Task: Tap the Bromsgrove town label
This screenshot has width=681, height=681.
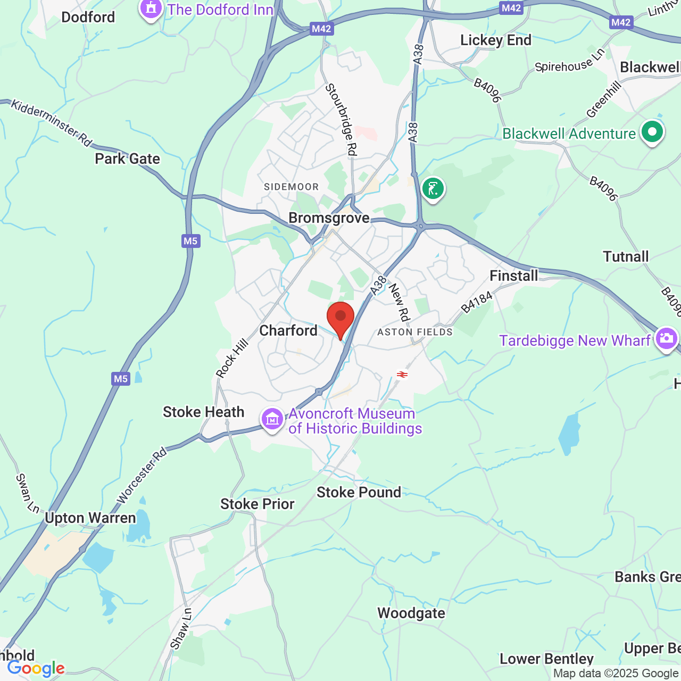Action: tap(329, 218)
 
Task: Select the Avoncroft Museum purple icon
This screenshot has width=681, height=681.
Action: tap(272, 420)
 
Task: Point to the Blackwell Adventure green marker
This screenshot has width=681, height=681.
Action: tap(652, 132)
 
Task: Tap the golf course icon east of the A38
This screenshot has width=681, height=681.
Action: tap(433, 189)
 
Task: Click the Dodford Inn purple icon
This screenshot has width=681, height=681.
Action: tap(151, 9)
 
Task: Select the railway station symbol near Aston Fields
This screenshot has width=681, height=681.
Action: tap(402, 375)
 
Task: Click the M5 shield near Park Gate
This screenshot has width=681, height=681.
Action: tap(190, 241)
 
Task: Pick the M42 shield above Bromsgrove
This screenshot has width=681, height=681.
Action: tap(321, 29)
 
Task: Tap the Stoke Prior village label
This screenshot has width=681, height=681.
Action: tap(258, 504)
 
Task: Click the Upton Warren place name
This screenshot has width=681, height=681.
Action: tap(90, 518)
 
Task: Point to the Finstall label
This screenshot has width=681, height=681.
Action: tap(513, 276)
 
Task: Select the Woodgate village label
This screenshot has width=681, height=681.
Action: tap(411, 613)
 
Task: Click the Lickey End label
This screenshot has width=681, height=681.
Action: tap(496, 40)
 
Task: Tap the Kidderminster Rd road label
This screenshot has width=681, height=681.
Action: tap(51, 123)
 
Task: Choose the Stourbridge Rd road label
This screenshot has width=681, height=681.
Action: tap(340, 120)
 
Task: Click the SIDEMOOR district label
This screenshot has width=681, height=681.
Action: tap(292, 187)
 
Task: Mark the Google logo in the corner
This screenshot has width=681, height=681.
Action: tap(36, 668)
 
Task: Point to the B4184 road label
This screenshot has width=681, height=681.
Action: tap(477, 302)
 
